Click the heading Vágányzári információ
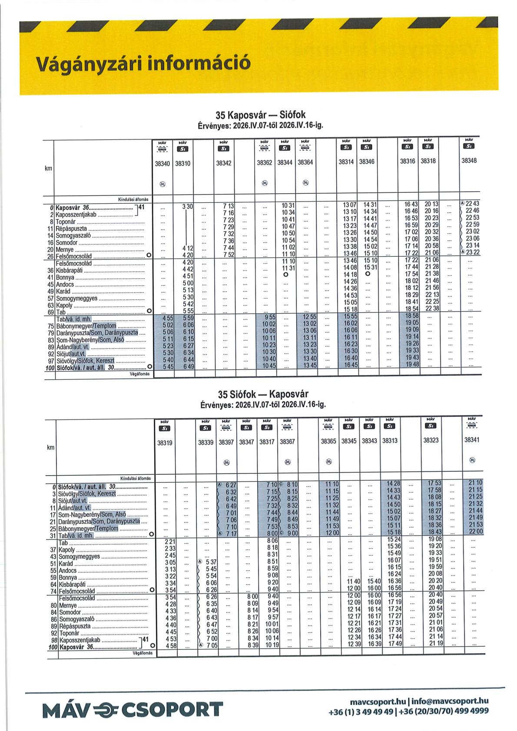point(143,63)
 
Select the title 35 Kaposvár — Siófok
point(261,115)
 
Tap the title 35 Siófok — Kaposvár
point(263,394)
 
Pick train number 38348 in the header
point(469,160)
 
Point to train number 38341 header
point(472,440)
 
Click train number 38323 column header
point(431,440)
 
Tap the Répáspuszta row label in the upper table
point(72,228)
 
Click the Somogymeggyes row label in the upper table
point(77,298)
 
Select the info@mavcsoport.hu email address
point(450,701)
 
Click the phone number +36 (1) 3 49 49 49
point(361,711)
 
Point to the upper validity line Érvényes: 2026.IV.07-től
point(261,126)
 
